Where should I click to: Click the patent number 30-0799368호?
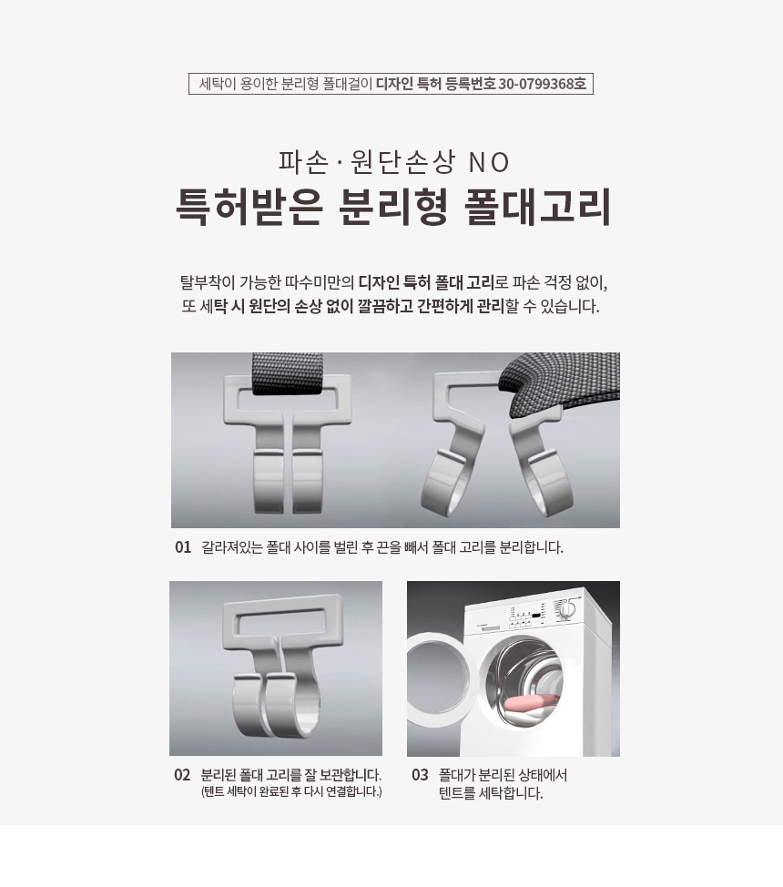click(542, 85)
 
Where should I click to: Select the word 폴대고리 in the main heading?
click(537, 207)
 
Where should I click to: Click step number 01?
click(183, 547)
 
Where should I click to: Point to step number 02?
click(182, 775)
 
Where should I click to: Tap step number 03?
click(420, 775)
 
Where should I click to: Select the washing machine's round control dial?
click(567, 609)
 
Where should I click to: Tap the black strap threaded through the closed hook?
click(288, 373)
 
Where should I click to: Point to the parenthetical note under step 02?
click(291, 792)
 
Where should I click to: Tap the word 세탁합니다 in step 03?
click(511, 793)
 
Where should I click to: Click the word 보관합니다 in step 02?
click(351, 775)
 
